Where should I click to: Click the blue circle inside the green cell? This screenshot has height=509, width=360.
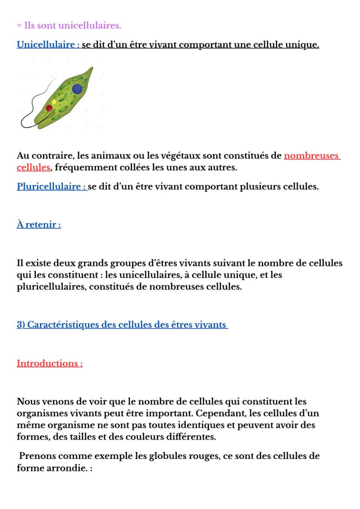click(x=77, y=89)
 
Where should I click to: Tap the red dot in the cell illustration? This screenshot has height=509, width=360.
click(x=50, y=108)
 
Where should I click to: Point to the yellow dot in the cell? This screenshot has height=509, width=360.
click(x=54, y=102)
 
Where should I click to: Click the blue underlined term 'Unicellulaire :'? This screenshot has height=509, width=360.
click(x=48, y=45)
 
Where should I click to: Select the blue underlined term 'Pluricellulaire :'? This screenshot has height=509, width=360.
click(x=52, y=187)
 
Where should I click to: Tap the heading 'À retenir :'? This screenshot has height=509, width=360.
click(x=39, y=224)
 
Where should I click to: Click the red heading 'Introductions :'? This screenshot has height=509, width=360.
click(x=50, y=363)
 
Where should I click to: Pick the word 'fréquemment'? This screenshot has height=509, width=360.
click(x=86, y=167)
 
